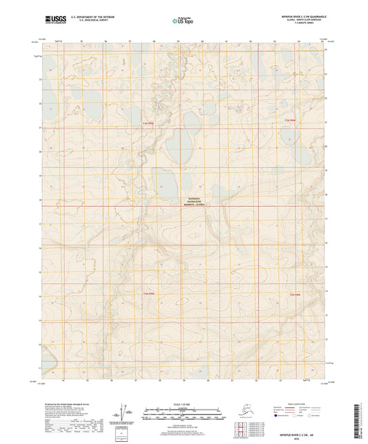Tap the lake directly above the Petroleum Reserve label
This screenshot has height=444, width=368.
click(x=166, y=183)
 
